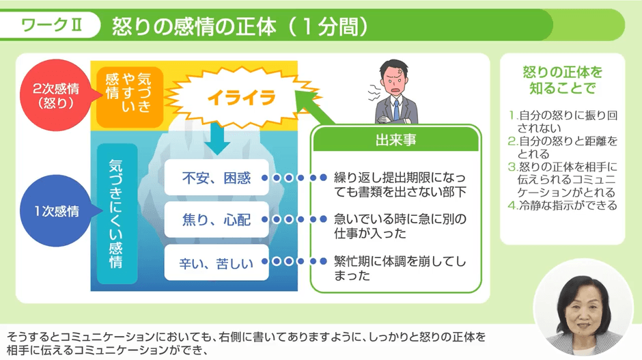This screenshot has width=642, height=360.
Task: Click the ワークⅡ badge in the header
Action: coord(51,27)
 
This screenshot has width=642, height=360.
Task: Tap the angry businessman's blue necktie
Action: coord(396,110)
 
